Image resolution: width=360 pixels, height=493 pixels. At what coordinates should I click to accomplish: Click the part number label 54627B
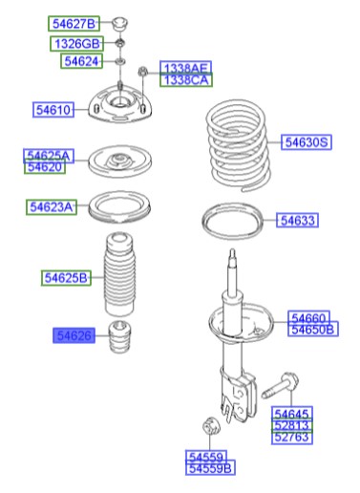tap(74, 24)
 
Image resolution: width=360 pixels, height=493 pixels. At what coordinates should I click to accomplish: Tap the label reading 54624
tap(81, 61)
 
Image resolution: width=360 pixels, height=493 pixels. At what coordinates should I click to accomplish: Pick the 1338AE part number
tap(185, 69)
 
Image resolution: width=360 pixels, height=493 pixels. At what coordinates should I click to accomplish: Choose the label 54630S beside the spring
tap(307, 143)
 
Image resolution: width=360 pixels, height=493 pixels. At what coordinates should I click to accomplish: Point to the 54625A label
tap(49, 155)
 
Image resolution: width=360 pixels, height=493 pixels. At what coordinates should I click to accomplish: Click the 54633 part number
tap(298, 221)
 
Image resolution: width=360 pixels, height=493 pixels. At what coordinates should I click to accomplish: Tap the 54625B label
tap(67, 278)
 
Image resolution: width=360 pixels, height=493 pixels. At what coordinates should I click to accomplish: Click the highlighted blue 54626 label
tap(74, 334)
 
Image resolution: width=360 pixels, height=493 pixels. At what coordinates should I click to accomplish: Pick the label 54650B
tap(312, 330)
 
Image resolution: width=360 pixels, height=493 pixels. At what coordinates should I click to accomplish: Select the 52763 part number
tap(292, 438)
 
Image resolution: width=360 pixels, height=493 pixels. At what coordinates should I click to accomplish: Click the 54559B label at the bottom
tap(210, 468)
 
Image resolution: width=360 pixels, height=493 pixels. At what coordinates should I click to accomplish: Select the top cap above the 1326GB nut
tap(121, 23)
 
